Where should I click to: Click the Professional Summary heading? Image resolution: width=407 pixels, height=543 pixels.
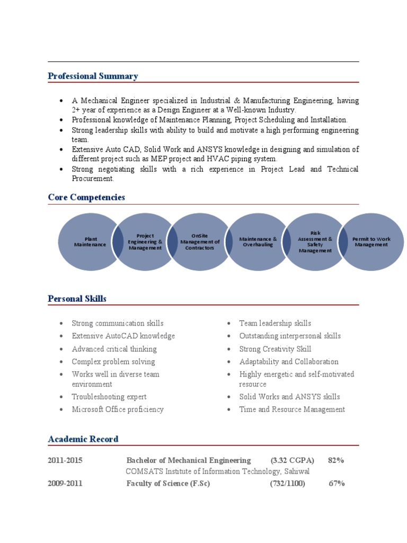pyautogui.click(x=93, y=76)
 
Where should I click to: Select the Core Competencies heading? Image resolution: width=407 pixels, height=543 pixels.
pyautogui.click(x=86, y=197)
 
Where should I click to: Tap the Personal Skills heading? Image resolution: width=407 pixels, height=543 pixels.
pyautogui.click(x=77, y=299)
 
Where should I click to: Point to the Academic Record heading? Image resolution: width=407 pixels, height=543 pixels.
pyautogui.click(x=83, y=439)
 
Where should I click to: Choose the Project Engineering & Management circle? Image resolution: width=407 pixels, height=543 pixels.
pyautogui.click(x=145, y=242)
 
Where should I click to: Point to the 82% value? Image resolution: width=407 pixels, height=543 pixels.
pyautogui.click(x=336, y=460)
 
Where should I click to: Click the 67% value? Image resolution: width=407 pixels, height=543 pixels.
pyautogui.click(x=337, y=483)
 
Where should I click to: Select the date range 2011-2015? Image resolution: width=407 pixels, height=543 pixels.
pyautogui.click(x=65, y=460)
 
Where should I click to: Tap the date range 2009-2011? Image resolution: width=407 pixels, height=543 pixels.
pyautogui.click(x=65, y=483)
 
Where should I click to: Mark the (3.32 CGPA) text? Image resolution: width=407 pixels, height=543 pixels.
pyautogui.click(x=292, y=460)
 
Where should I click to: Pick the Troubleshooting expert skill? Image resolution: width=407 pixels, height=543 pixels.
pyautogui.click(x=109, y=397)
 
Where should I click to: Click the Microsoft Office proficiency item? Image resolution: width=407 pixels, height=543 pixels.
pyautogui.click(x=118, y=409)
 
